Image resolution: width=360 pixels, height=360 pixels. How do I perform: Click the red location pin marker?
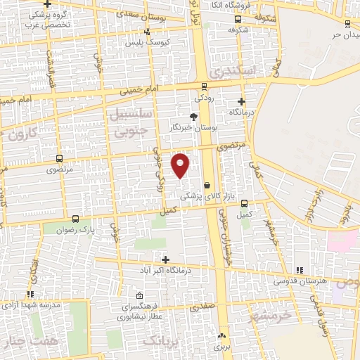[181, 165]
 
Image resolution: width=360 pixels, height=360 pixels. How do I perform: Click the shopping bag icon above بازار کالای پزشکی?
[206, 185]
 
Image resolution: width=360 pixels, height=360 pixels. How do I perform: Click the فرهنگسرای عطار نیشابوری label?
[145, 312]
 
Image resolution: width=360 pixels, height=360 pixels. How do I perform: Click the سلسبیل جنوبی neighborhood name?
[127, 121]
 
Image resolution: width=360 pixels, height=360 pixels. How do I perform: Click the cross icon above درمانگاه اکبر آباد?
[165, 259]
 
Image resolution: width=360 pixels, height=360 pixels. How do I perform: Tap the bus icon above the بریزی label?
[221, 335]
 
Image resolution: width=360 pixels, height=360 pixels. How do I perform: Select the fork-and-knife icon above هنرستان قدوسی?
[299, 270]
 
